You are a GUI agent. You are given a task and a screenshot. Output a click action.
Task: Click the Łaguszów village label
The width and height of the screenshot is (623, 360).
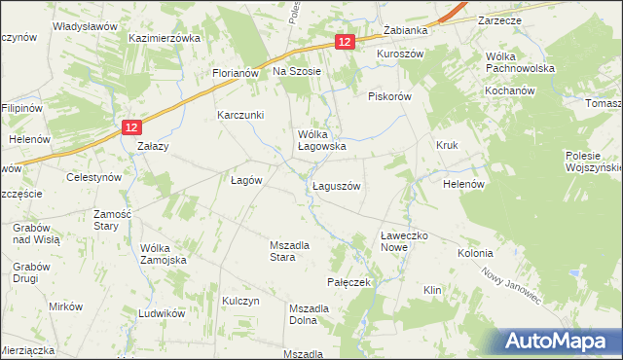[337, 186]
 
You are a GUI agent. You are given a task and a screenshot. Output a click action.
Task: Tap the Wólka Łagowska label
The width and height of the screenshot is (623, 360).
[322, 140]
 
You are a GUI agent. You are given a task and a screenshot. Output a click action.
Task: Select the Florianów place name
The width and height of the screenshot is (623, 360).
[235, 73]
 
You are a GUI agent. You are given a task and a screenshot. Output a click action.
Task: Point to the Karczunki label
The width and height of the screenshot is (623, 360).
[241, 115]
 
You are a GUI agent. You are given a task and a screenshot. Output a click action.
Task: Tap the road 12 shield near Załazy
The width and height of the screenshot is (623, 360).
[134, 126]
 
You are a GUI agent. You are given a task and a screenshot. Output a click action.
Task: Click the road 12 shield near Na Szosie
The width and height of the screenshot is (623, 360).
[346, 42]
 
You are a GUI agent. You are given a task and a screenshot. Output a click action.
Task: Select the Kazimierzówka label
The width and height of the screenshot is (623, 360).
[165, 38]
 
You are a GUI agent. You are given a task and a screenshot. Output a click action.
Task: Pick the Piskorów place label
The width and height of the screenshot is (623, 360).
[391, 96]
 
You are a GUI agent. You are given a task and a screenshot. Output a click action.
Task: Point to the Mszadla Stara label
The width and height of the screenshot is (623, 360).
[289, 251]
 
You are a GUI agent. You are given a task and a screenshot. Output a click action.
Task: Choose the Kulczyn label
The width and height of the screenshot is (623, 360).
[241, 302]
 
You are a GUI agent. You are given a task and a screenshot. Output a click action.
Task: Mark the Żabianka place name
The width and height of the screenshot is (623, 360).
[407, 30]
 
